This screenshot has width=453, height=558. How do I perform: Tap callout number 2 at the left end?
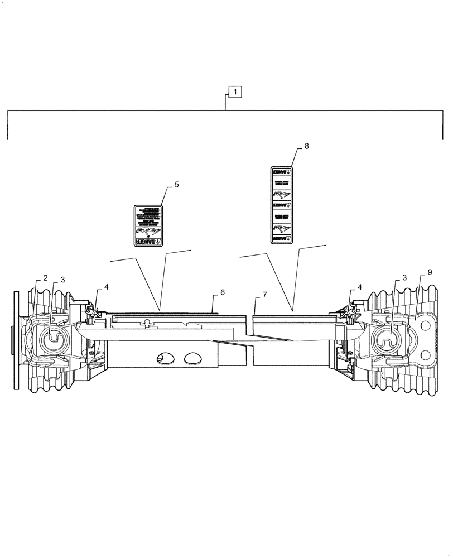[x=45, y=278]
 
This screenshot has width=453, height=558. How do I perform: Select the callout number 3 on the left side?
[x=62, y=280]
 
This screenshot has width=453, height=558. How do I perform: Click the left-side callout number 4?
[x=106, y=287]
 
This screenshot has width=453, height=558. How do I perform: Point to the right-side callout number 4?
[x=359, y=287]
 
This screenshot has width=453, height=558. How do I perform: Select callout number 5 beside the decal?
[x=176, y=185]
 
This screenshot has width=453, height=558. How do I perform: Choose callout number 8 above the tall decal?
[x=306, y=146]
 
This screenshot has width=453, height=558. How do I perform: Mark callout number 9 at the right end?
[x=430, y=272]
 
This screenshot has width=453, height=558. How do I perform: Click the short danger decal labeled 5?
[x=148, y=225]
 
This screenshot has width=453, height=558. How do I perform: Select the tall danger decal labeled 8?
[x=282, y=205]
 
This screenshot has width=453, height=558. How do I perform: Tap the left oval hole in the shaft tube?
[x=166, y=358]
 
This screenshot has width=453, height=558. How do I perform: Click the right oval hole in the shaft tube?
[x=194, y=358]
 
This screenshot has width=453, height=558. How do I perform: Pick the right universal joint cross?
[x=388, y=338]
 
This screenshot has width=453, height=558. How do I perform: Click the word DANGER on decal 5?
[x=146, y=241]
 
